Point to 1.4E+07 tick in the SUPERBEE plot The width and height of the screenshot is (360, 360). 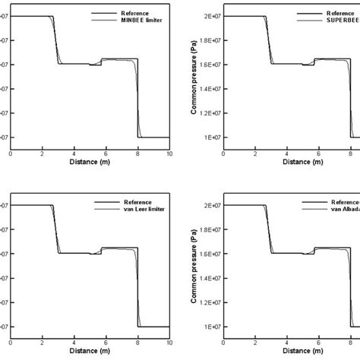(x=211, y=89)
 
